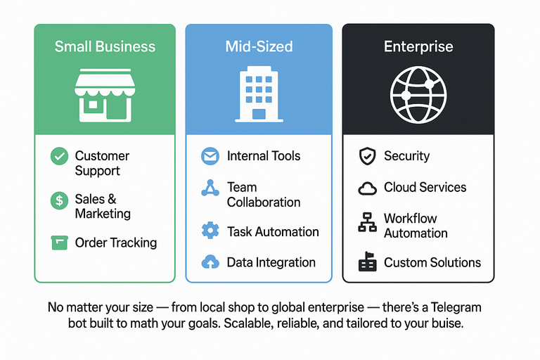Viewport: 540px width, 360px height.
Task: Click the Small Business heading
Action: pyautogui.click(x=104, y=47)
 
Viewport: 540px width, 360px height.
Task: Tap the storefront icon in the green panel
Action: pyautogui.click(x=103, y=96)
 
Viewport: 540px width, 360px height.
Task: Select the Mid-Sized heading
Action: pyautogui.click(x=258, y=47)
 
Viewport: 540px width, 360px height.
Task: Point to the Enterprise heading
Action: pyautogui.click(x=418, y=47)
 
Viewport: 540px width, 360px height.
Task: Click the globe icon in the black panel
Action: pyautogui.click(x=418, y=95)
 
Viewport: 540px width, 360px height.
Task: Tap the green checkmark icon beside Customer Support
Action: pyautogui.click(x=59, y=156)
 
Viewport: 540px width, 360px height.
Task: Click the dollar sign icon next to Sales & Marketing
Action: pyautogui.click(x=59, y=200)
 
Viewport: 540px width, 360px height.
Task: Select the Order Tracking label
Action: pyautogui.click(x=115, y=243)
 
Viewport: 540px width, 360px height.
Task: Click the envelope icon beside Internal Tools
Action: pyautogui.click(x=210, y=156)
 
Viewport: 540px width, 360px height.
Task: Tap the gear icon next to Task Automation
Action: pyautogui.click(x=210, y=231)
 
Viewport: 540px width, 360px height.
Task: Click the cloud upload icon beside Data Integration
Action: pyautogui.click(x=210, y=262)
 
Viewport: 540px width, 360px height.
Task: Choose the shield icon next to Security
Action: pyautogui.click(x=367, y=156)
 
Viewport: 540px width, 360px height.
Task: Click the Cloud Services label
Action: pyautogui.click(x=425, y=187)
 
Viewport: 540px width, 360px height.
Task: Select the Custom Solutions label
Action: pyautogui.click(x=432, y=262)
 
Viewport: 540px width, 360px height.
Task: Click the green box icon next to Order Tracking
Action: pyautogui.click(x=59, y=243)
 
